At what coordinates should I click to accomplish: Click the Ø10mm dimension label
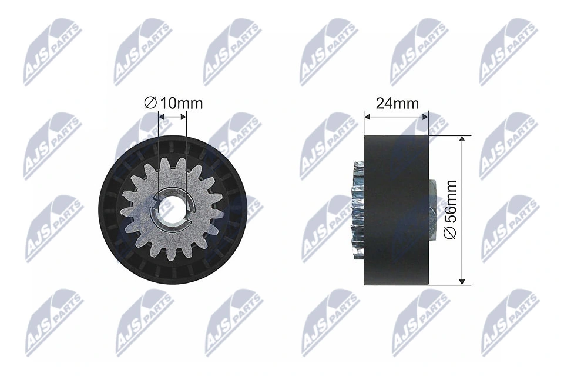[x=173, y=104]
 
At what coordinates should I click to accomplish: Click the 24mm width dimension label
[x=397, y=104]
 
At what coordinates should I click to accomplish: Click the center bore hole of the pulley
[x=173, y=209]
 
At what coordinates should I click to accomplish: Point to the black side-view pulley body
[x=397, y=209]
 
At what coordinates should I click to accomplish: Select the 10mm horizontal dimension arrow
[x=173, y=117]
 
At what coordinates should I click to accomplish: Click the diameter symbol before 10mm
[x=150, y=104]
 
